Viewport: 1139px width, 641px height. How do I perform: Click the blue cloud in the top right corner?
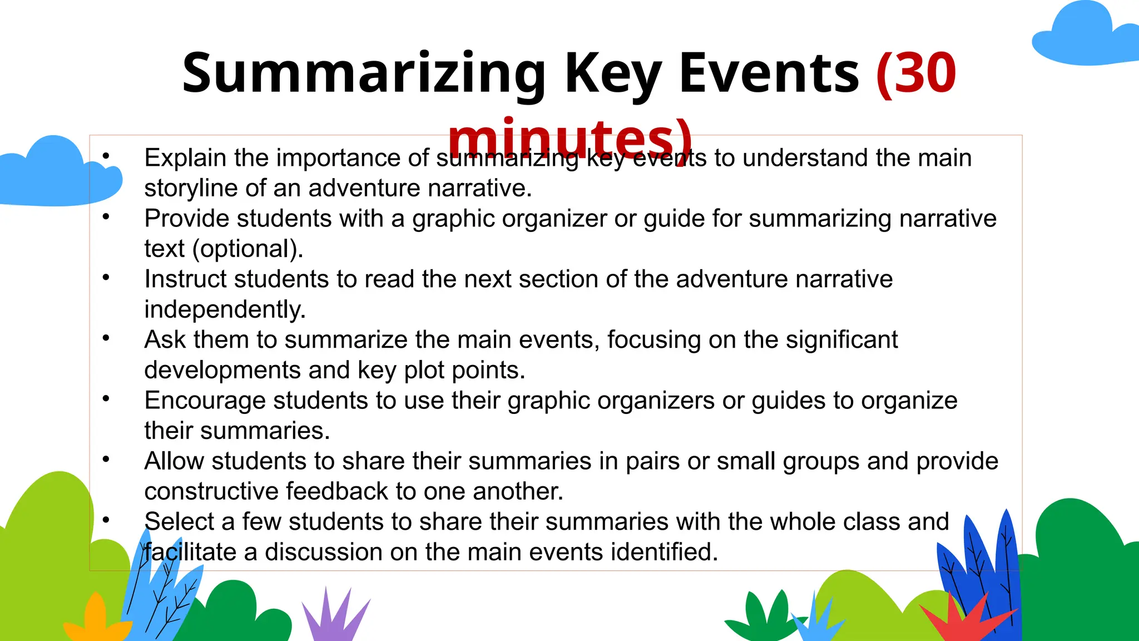coord(1084,36)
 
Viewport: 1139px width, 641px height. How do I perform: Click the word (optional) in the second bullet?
coord(247,249)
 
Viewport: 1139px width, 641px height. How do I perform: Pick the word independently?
coord(225,309)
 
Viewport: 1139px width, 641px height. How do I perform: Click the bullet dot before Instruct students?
coord(106,278)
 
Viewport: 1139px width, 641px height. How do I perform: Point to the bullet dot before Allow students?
coord(106,460)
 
